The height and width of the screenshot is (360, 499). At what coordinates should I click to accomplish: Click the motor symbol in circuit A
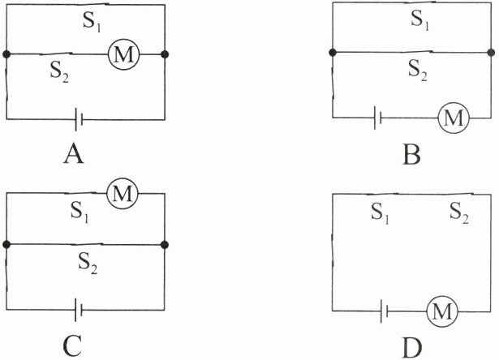click(125, 54)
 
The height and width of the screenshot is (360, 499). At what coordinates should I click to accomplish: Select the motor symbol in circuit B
click(454, 118)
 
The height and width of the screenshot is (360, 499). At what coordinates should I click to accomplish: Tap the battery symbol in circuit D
click(387, 311)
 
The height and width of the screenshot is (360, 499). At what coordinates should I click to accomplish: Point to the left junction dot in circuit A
click(6, 54)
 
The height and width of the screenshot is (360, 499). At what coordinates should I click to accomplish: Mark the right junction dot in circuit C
click(164, 243)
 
